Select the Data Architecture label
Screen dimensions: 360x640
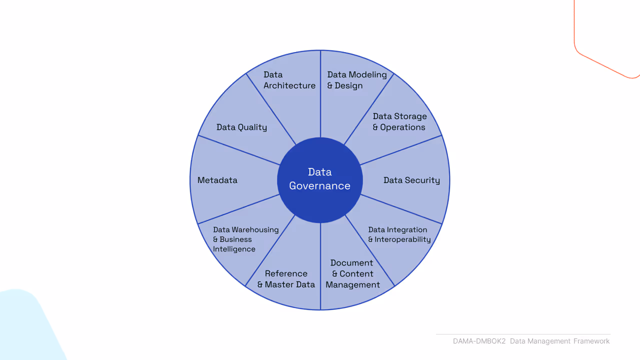(289, 80)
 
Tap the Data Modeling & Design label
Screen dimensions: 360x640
(357, 80)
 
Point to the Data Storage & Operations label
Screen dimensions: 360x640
(399, 121)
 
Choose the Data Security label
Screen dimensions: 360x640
(411, 180)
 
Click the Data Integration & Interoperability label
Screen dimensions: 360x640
(399, 234)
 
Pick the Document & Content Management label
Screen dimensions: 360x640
(352, 273)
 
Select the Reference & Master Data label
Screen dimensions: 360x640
(286, 279)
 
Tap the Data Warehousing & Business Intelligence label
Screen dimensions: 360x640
(245, 239)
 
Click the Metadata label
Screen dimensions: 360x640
(217, 180)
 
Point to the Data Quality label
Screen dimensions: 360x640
(241, 127)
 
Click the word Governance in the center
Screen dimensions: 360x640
(319, 186)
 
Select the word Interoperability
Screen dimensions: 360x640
(402, 239)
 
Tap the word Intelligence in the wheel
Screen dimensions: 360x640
(234, 249)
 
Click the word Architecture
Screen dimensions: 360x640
(289, 85)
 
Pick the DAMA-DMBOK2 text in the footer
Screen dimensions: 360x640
(479, 341)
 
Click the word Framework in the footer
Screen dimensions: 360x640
(591, 341)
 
